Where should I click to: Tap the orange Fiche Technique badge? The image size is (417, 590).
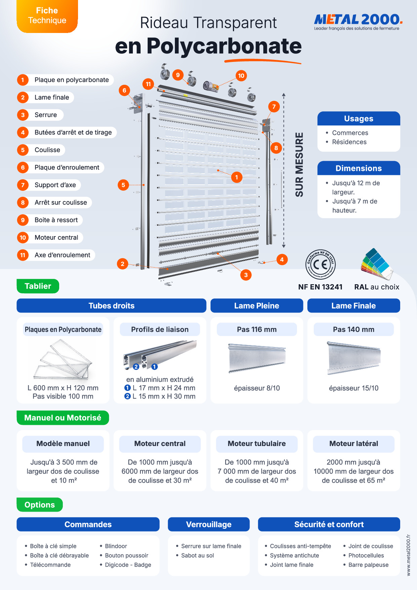pos(47,16)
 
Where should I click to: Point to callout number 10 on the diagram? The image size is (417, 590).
pos(241,76)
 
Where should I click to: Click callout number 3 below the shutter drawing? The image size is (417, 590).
pos(246,275)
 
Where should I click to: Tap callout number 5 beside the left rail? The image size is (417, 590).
pos(123,185)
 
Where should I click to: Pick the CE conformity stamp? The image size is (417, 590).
pos(320,264)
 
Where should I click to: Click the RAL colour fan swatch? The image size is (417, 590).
pos(376,264)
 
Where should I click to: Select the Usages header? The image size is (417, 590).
pos(359,119)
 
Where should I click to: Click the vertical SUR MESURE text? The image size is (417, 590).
pos(299,165)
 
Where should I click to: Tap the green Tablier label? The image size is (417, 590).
pos(38,286)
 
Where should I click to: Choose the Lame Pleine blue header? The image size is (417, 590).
pos(257,306)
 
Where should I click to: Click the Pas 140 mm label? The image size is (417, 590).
pos(354,330)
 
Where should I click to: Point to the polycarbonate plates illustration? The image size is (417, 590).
pos(63,359)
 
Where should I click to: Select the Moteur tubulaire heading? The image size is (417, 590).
pos(257,444)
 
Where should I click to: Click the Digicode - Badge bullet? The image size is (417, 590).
pos(128,565)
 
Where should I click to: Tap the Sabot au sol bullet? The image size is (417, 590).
pos(197,555)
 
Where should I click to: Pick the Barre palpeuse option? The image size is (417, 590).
pos(368,565)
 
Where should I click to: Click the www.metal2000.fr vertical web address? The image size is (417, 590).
pos(409,555)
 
